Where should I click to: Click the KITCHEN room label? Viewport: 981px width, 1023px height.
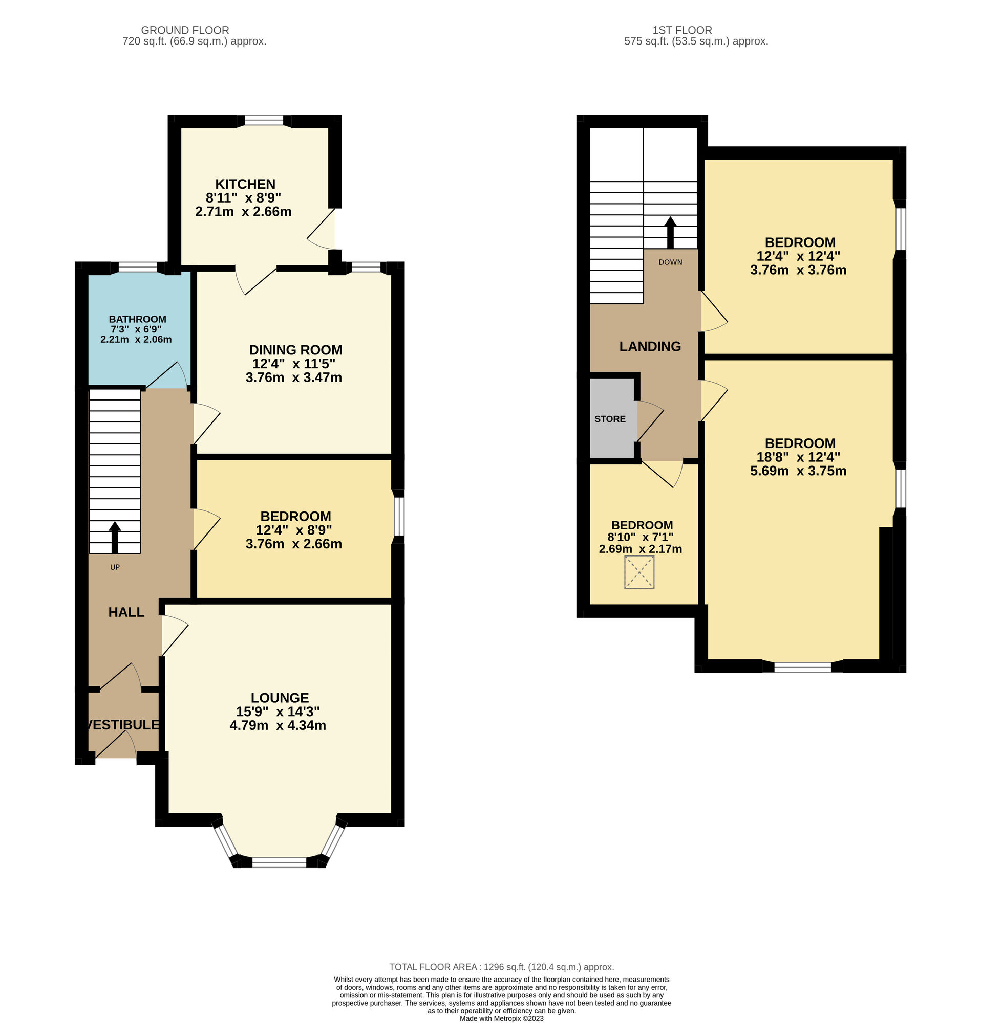(244, 184)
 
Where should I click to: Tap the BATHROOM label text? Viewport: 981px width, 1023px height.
(137, 319)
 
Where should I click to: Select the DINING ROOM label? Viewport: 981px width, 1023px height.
(295, 350)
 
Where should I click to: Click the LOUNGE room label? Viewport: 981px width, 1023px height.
(280, 698)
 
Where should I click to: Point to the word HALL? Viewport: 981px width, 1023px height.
(126, 612)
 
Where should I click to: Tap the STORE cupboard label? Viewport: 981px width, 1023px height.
(610, 419)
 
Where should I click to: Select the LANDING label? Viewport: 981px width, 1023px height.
(650, 347)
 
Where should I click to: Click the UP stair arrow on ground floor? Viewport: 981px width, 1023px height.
(114, 538)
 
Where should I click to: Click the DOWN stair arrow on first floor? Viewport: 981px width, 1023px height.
(670, 233)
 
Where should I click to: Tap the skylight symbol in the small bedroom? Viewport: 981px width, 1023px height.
(639, 572)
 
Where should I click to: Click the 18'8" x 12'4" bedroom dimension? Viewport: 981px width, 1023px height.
(798, 457)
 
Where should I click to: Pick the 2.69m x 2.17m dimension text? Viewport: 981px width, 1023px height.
(640, 549)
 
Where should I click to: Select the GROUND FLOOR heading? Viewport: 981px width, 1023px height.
(185, 30)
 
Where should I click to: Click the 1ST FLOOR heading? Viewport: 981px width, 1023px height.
(681, 30)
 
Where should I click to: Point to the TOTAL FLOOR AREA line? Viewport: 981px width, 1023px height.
(501, 967)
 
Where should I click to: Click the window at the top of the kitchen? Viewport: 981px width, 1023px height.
(264, 121)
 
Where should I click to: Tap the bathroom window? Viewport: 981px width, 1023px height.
(137, 268)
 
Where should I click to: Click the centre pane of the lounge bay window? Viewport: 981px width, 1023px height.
(279, 863)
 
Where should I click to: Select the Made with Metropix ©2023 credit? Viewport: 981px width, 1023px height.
(501, 1018)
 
